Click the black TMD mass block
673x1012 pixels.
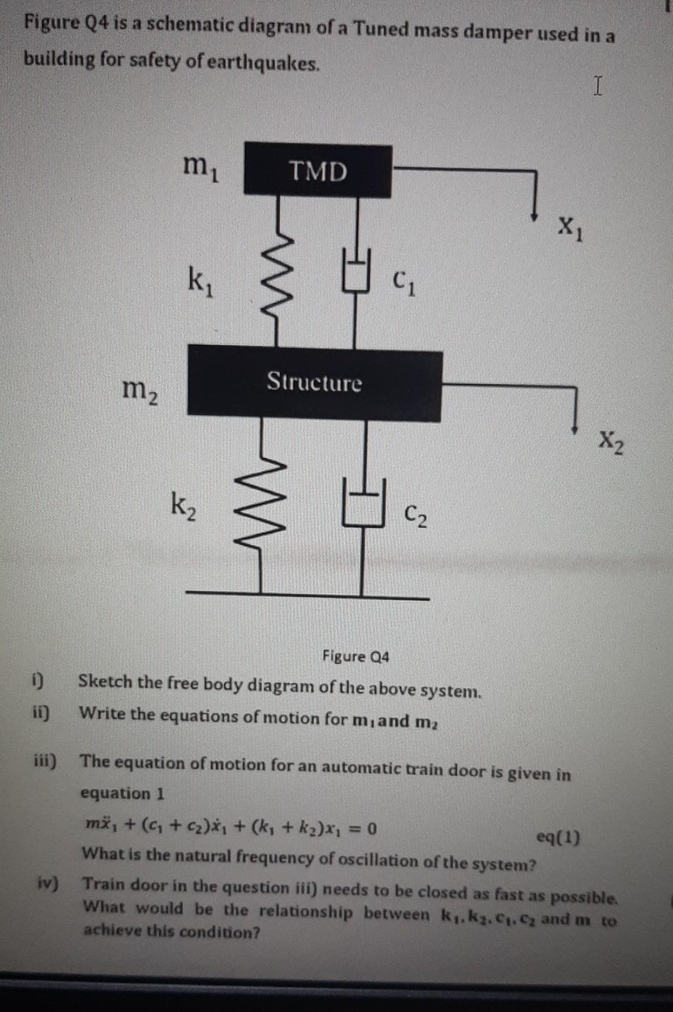(x=318, y=171)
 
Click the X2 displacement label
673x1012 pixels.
(x=611, y=444)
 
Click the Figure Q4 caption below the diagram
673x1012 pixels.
(x=355, y=656)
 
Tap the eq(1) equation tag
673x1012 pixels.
(x=558, y=838)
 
